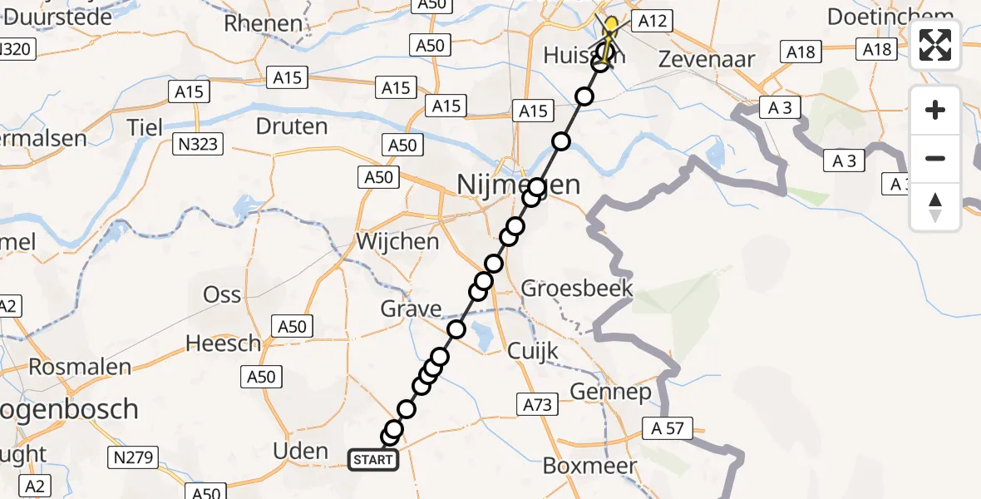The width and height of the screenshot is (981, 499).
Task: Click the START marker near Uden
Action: click(373, 459)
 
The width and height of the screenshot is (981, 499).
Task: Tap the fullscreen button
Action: click(935, 46)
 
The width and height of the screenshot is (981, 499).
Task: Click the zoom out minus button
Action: click(935, 158)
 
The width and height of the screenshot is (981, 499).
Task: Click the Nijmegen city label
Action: click(519, 184)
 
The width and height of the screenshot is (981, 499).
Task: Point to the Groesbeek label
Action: click(577, 289)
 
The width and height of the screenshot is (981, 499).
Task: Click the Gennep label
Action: click(610, 393)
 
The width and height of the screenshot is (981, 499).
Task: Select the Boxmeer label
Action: click(589, 466)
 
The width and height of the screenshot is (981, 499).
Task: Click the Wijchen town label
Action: click(397, 242)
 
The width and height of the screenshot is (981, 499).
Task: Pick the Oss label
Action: click(222, 294)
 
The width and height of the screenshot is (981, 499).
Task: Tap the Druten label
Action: click(292, 126)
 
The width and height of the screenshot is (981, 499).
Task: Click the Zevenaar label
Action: click(706, 59)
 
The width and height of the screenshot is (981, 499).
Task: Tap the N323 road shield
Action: click(198, 145)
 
